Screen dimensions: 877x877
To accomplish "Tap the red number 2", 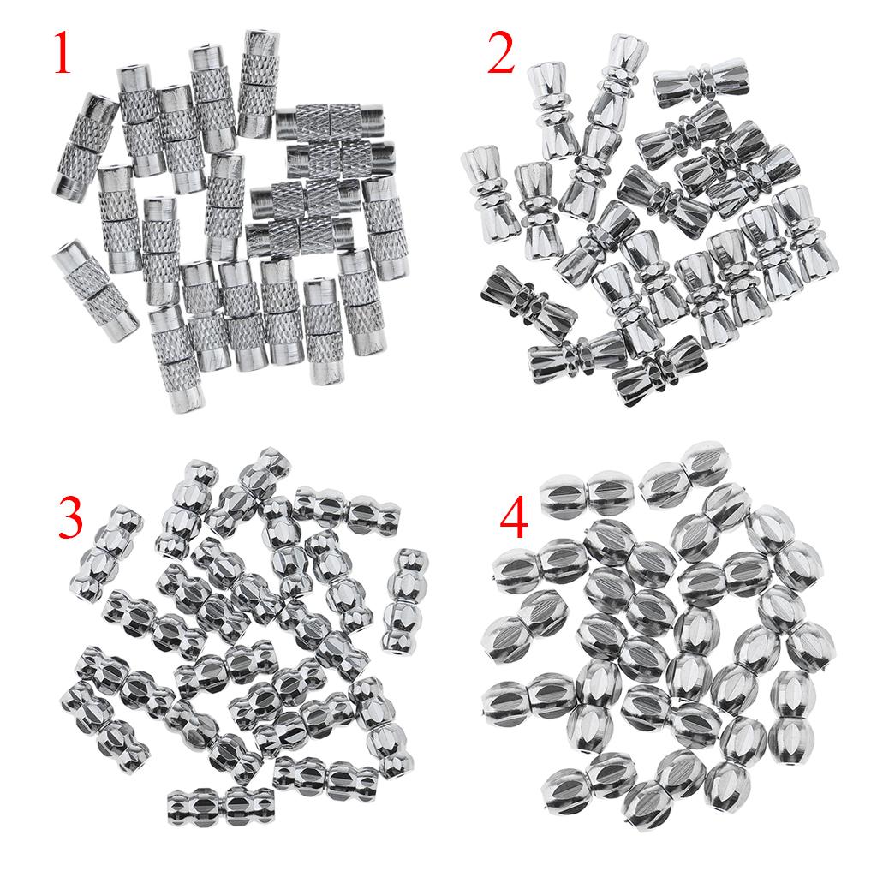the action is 501,53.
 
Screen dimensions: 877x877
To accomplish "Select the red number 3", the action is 70,518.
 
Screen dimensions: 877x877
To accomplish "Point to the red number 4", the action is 514,518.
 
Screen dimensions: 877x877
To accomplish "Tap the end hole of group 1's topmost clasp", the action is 263,33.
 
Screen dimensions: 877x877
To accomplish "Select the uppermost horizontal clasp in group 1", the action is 330,122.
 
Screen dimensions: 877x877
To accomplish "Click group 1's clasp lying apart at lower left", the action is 96,290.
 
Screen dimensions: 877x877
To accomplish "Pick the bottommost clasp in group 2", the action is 659,371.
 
